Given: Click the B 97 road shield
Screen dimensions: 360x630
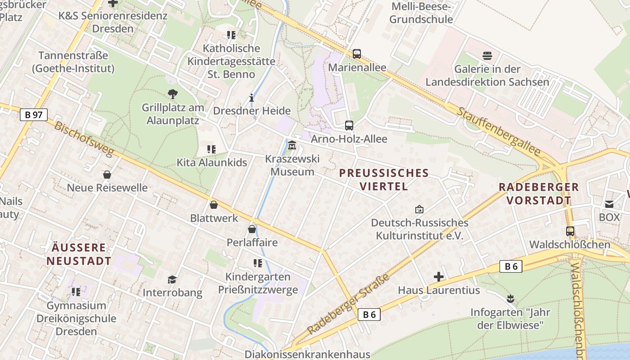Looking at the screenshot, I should pos(34,115).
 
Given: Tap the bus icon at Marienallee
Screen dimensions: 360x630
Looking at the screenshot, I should pos(357,54).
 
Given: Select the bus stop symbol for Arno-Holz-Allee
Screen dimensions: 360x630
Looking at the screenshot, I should pos(349,126).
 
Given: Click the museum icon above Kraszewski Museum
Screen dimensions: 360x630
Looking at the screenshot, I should pos(292,145).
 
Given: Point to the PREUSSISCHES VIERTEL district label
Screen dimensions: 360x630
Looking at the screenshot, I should pos(384,180).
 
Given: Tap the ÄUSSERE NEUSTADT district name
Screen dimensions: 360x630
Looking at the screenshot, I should pos(79,254).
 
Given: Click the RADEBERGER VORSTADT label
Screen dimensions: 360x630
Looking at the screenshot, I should pos(539,193).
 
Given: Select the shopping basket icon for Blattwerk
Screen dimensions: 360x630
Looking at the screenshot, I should pos(214,205).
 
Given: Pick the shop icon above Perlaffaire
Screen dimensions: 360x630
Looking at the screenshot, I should pos(252,229).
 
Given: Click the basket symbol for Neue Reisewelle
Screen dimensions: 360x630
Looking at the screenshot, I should pos(107,175).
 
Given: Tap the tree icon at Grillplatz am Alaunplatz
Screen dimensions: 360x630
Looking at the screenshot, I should pos(172,94).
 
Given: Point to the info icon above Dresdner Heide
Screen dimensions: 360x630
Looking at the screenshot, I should pos(252,98).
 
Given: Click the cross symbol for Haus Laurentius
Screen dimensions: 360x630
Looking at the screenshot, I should pos(439,277).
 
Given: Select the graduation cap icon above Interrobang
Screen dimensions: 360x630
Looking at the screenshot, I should pos(172,279).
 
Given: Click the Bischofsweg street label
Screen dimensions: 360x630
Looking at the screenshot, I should pos(84,139).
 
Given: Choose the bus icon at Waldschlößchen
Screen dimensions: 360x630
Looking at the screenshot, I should pos(570,231).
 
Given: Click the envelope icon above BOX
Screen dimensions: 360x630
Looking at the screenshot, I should pos(609,204).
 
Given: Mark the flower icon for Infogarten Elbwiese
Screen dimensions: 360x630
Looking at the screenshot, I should pos(510,298).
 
